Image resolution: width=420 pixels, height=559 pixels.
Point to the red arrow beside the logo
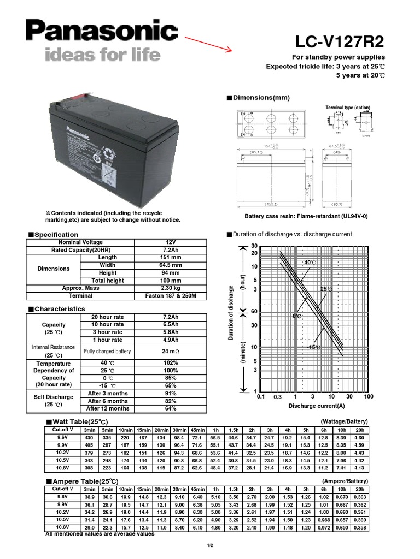click(x=208, y=43)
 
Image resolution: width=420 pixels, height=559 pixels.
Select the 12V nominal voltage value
click(x=171, y=242)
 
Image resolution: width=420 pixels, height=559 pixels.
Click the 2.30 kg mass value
click(x=171, y=288)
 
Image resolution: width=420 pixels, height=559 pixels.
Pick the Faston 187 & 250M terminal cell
click(x=171, y=295)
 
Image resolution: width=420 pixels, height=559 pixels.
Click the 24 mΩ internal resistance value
click(x=171, y=351)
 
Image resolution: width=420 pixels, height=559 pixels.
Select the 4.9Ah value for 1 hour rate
click(x=171, y=340)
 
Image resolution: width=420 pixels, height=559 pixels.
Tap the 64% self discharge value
click(x=171, y=408)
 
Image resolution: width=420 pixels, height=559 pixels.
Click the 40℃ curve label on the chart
click(x=310, y=263)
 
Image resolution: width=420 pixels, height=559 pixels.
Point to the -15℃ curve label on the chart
click(x=314, y=347)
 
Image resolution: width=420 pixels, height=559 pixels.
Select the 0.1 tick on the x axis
click(x=260, y=397)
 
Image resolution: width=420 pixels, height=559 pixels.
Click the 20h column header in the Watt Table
click(x=359, y=430)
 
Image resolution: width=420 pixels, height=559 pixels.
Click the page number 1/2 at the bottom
click(x=209, y=546)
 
